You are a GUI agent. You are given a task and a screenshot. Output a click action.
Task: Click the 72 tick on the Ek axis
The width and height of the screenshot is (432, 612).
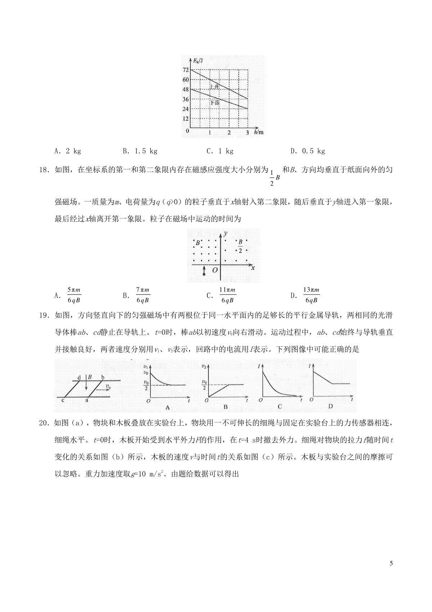point(186,70)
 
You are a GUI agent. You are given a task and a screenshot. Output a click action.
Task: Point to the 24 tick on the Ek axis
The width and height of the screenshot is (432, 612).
point(186,109)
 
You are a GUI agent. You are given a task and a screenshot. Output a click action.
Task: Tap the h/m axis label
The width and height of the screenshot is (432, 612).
point(258,132)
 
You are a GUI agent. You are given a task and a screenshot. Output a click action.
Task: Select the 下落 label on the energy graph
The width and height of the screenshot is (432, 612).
point(215,103)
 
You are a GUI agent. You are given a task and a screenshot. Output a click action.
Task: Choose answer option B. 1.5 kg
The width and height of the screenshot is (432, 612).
point(140,151)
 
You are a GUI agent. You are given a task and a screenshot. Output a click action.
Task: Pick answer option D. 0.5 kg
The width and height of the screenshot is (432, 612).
point(308,151)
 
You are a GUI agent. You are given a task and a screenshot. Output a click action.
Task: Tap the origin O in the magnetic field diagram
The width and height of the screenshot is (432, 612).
point(215,270)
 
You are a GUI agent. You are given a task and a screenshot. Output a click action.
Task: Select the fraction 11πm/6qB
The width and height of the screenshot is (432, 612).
point(228,295)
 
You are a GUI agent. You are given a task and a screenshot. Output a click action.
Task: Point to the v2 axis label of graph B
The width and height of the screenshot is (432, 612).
point(204,367)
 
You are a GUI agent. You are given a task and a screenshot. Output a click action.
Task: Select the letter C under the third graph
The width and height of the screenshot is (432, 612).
point(280,407)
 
